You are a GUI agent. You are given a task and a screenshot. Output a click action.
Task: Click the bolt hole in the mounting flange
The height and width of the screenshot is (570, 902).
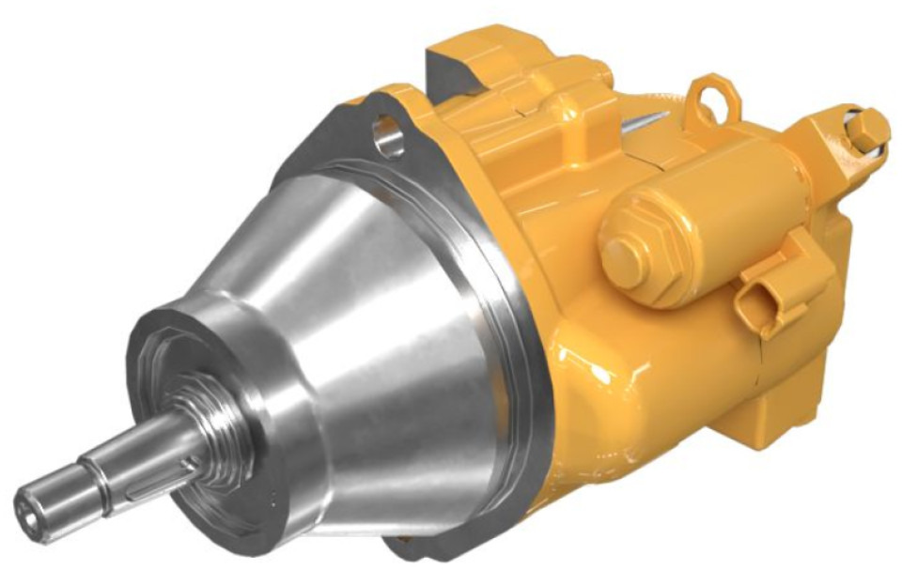[x=387, y=134]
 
